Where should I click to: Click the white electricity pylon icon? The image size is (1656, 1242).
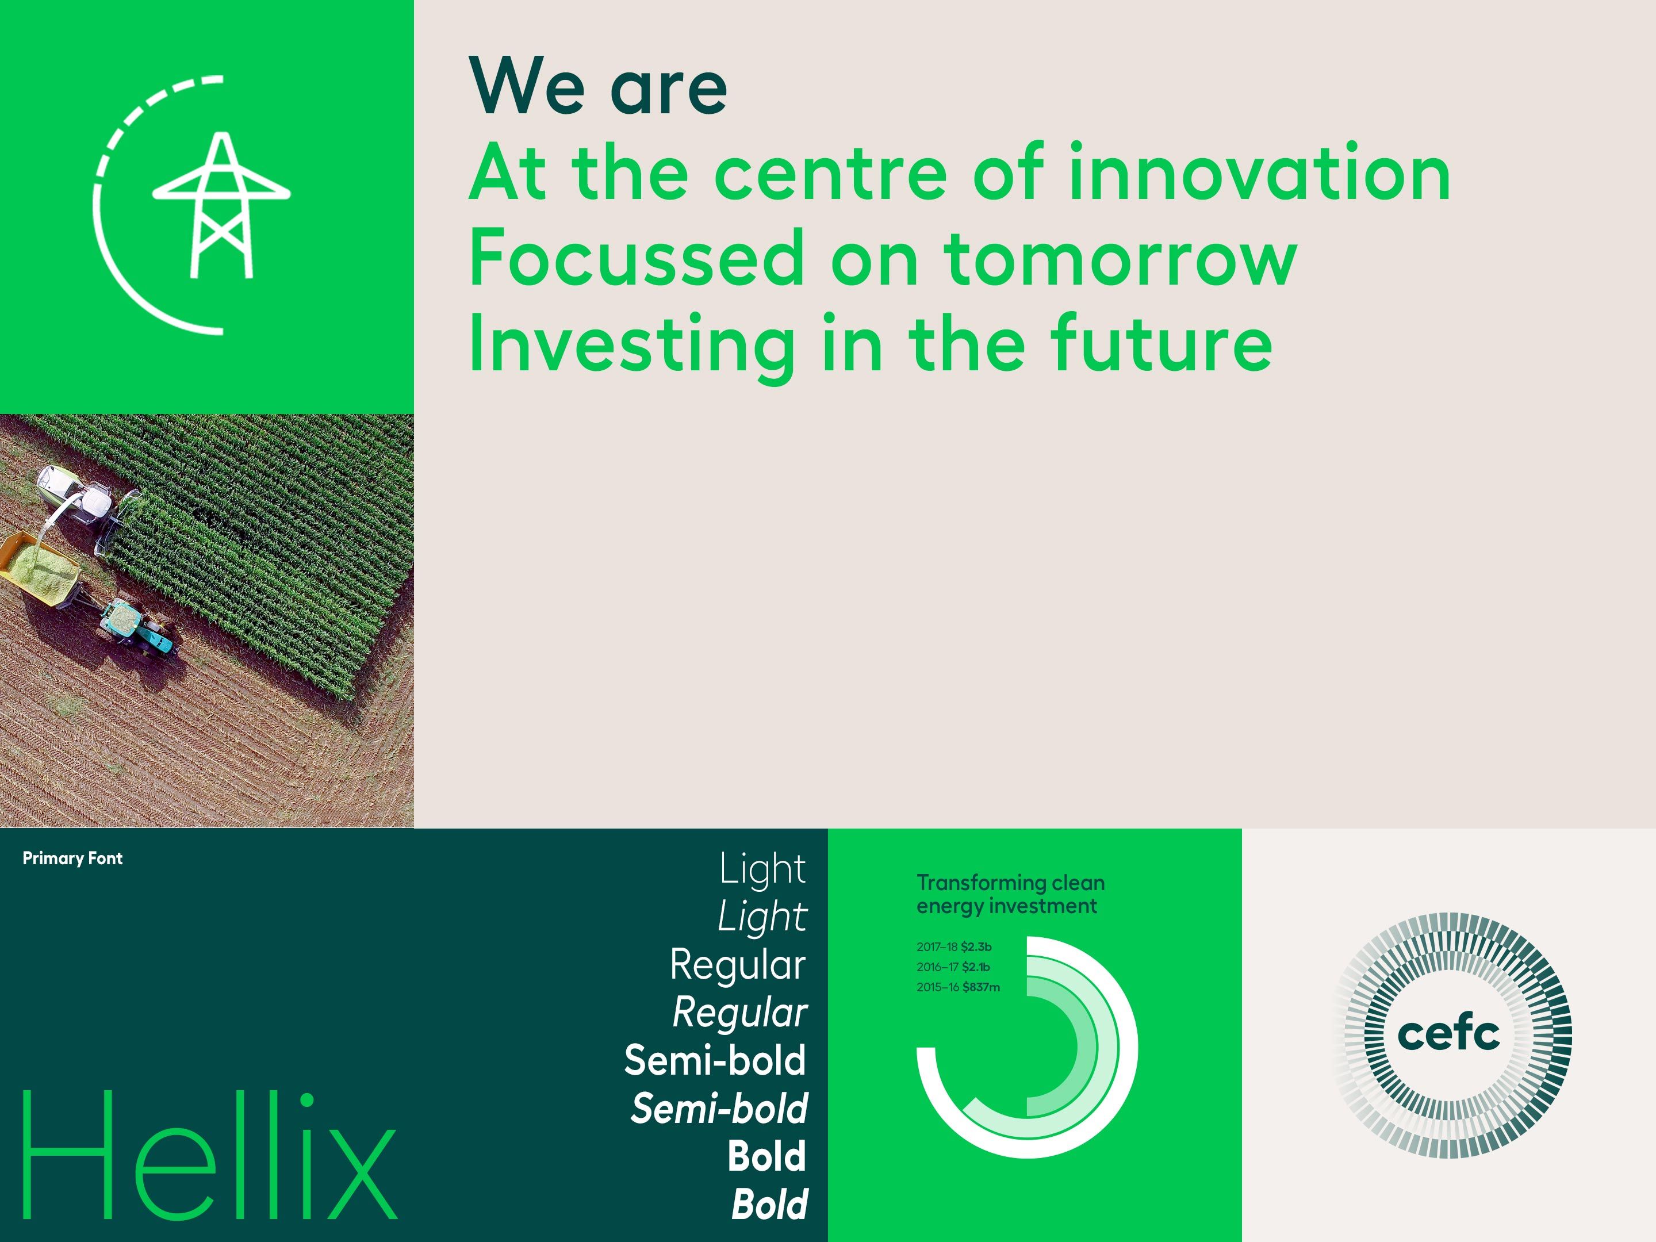(x=221, y=205)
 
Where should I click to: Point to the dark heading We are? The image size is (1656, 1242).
(x=597, y=87)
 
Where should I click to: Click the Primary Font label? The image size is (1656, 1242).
(x=72, y=858)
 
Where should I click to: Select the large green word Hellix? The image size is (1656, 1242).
(x=210, y=1157)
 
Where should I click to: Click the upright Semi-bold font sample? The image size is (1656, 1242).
(x=715, y=1060)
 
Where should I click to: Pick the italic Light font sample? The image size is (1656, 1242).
(x=762, y=917)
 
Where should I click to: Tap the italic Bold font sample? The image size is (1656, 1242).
(x=769, y=1205)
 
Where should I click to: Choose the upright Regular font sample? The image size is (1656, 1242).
(x=737, y=964)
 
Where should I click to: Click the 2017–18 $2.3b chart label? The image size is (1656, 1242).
(x=954, y=947)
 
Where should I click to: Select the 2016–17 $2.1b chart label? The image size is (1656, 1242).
(x=953, y=967)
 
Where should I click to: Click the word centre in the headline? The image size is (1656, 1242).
(x=830, y=174)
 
